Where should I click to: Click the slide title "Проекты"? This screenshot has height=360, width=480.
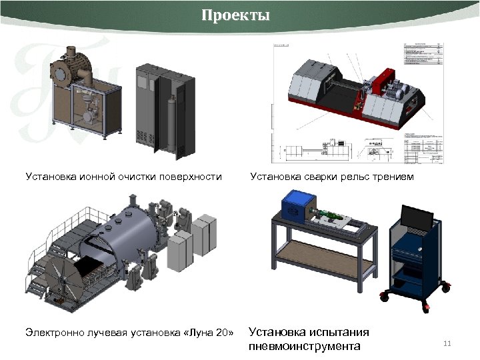click(x=236, y=15)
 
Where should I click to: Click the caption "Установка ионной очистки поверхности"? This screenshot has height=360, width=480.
click(x=123, y=177)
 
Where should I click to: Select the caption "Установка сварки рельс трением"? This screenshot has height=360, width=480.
click(x=332, y=177)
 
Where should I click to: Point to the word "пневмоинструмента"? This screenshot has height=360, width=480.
click(x=304, y=346)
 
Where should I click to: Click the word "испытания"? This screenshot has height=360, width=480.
click(x=339, y=332)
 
